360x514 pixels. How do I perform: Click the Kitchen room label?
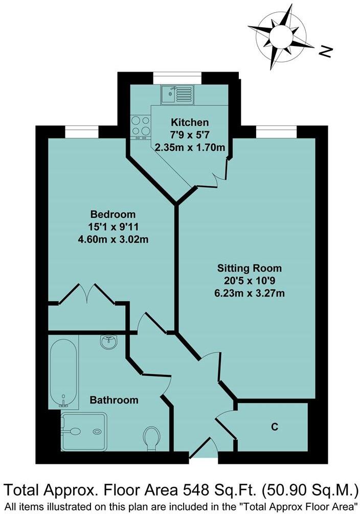click(x=190, y=122)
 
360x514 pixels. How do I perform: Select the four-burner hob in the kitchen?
click(x=141, y=126)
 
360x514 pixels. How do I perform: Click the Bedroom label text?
click(x=113, y=214)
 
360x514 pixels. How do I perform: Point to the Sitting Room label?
click(x=250, y=268)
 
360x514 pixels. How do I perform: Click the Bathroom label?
click(x=114, y=400)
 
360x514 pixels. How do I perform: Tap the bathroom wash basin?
click(x=108, y=342)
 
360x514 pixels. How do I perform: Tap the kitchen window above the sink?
click(x=177, y=77)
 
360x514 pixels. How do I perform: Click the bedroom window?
click(x=81, y=132)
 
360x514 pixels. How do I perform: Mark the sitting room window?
click(x=276, y=132)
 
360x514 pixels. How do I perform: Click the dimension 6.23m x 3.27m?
click(x=250, y=293)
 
